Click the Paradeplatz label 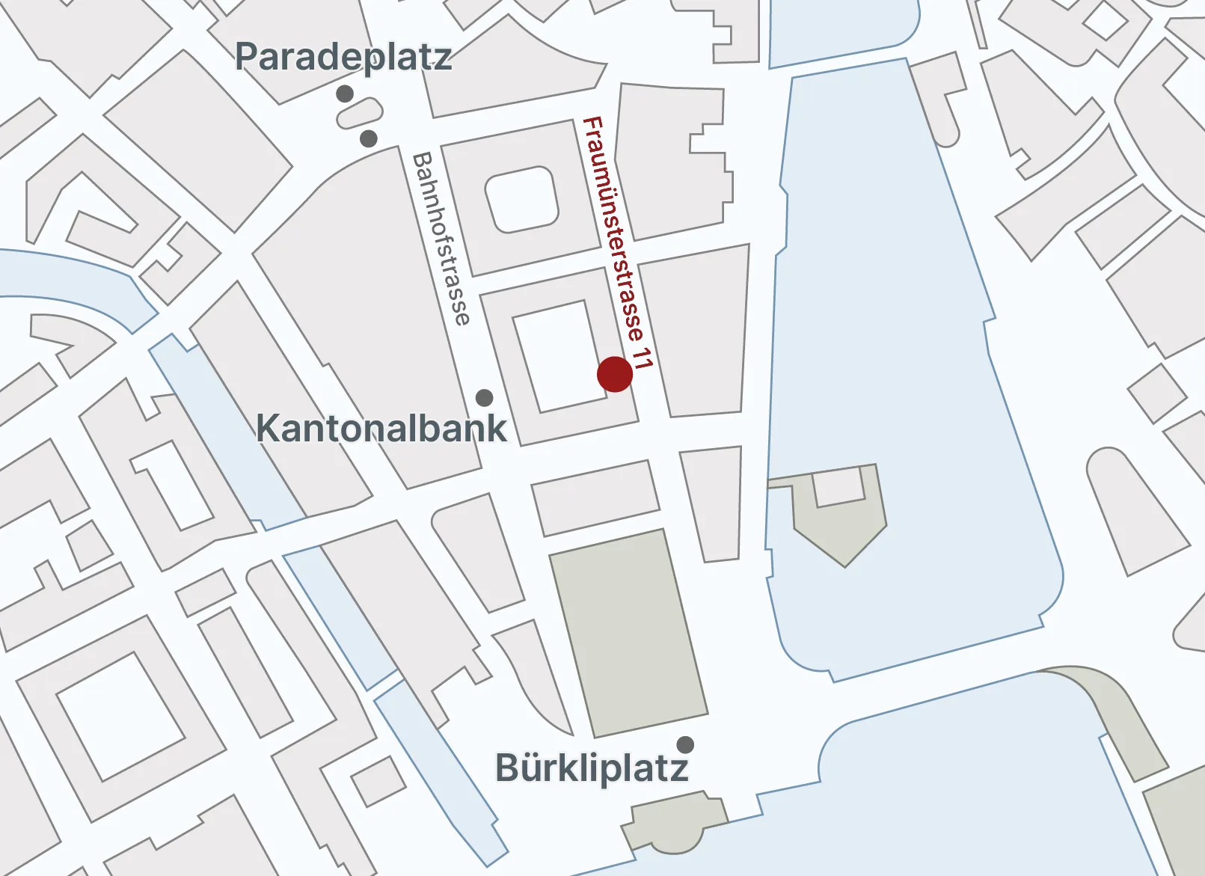[343, 57]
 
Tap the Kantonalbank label [381, 429]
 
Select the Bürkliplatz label [592, 768]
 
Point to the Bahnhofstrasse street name [442, 239]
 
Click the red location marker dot [615, 374]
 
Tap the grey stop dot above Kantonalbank [485, 397]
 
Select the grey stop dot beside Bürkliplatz [685, 744]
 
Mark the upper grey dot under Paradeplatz [345, 94]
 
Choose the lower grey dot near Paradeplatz [369, 138]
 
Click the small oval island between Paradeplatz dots [359, 114]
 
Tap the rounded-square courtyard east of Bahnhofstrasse [522, 198]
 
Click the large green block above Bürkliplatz [628, 632]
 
